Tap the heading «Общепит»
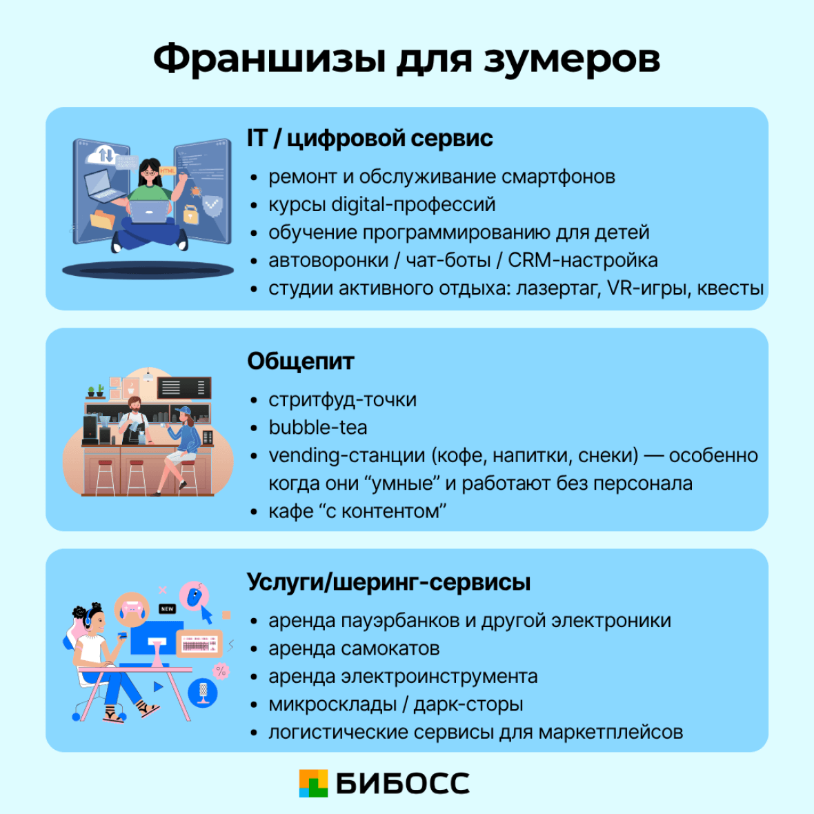click(300, 361)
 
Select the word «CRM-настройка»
click(582, 260)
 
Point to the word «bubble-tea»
click(317, 428)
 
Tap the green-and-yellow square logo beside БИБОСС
click(313, 783)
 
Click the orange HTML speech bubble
click(168, 170)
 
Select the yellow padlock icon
click(190, 215)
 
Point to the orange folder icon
click(102, 219)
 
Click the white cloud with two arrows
click(103, 155)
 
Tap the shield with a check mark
click(212, 203)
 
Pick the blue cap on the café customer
click(183, 412)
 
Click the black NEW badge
click(167, 609)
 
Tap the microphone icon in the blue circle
click(203, 692)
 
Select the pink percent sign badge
click(221, 669)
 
